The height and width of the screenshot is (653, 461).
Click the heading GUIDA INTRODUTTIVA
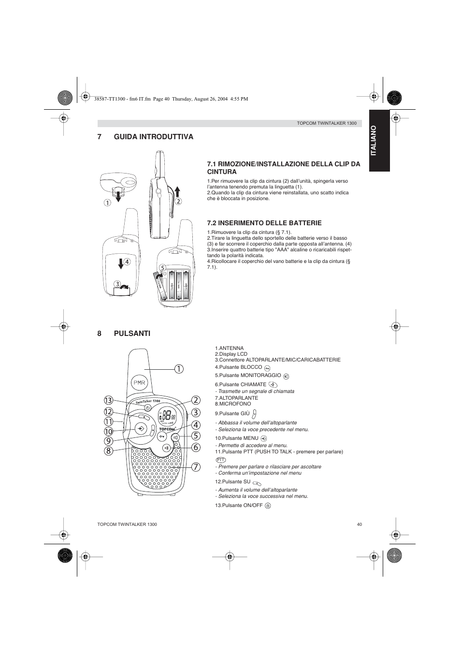[153, 137]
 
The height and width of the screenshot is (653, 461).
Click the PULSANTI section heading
[132, 334]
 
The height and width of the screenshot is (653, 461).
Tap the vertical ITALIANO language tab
[379, 141]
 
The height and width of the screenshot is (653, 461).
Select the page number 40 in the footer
[359, 524]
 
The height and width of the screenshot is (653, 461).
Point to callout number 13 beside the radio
[108, 400]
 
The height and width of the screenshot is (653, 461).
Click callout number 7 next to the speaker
[195, 467]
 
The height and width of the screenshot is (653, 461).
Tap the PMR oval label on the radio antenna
[139, 383]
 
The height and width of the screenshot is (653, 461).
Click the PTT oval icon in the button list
[221, 459]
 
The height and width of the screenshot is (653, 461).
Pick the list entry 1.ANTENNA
[229, 348]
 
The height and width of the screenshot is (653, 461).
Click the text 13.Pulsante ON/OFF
[239, 505]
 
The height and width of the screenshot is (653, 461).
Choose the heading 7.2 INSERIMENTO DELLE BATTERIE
[264, 223]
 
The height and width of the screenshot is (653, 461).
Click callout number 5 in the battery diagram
[163, 267]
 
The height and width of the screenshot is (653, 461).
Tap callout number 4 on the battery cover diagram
[128, 261]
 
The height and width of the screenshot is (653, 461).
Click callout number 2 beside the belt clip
[178, 201]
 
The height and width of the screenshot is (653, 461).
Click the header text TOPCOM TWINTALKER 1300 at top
[326, 123]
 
